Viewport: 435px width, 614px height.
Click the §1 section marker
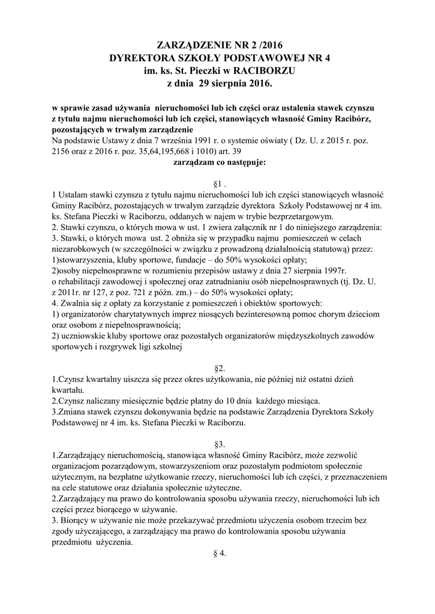(x=218, y=183)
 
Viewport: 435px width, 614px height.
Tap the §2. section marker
(x=218, y=366)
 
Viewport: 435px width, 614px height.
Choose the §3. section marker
(x=218, y=444)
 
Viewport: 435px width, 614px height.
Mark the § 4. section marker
(x=218, y=553)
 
